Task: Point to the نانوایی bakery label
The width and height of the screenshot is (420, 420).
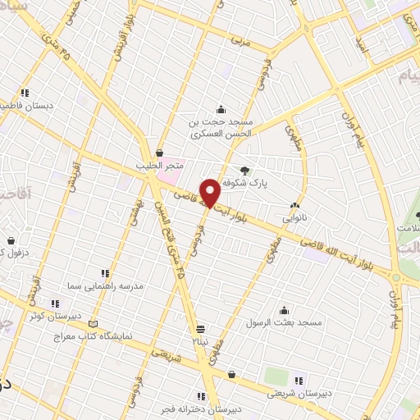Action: (295, 219)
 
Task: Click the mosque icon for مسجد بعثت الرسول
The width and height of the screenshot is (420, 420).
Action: (284, 310)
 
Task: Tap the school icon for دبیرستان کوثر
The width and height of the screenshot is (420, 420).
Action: (55, 304)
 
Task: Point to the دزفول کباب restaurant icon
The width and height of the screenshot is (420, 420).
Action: (11, 241)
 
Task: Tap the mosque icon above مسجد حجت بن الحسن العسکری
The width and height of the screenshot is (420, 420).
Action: (220, 109)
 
